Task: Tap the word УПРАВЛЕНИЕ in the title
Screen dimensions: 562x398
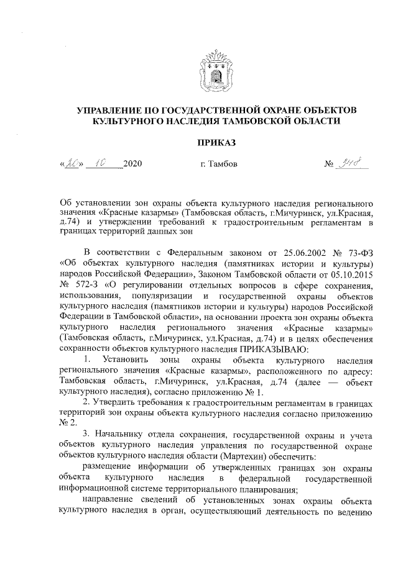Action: click(x=113, y=110)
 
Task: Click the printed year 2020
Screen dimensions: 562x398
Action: click(x=134, y=165)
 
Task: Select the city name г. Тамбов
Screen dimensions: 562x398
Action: click(x=215, y=165)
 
